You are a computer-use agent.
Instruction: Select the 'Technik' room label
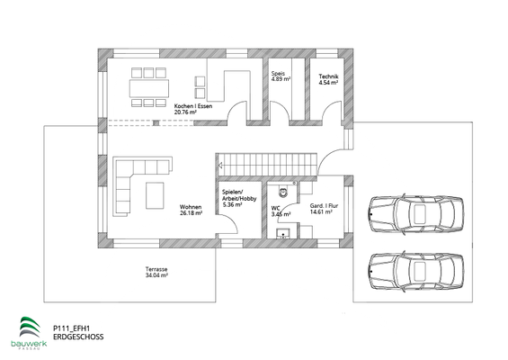tap(328, 76)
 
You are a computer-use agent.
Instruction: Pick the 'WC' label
tap(277, 210)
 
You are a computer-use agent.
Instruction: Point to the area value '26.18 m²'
tap(191, 214)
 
